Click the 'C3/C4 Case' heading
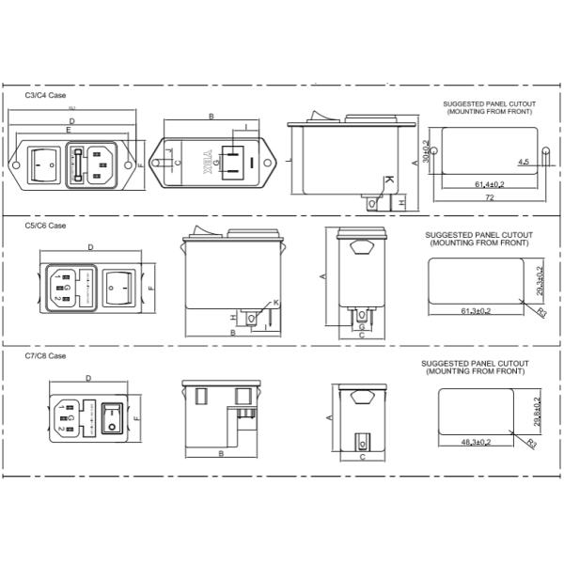(x=46, y=96)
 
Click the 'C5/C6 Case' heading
(x=46, y=226)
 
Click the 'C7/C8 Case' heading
(x=46, y=356)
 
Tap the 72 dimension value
(x=489, y=199)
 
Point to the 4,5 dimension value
(x=524, y=163)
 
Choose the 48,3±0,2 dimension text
(x=477, y=441)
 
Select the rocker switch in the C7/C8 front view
(x=115, y=416)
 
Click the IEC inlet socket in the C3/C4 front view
(x=105, y=164)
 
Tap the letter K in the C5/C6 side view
(x=275, y=302)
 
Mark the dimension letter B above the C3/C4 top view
(x=211, y=117)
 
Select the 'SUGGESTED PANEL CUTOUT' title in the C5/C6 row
(x=478, y=235)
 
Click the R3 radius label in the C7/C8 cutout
(x=531, y=441)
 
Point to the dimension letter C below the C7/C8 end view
(x=361, y=458)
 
